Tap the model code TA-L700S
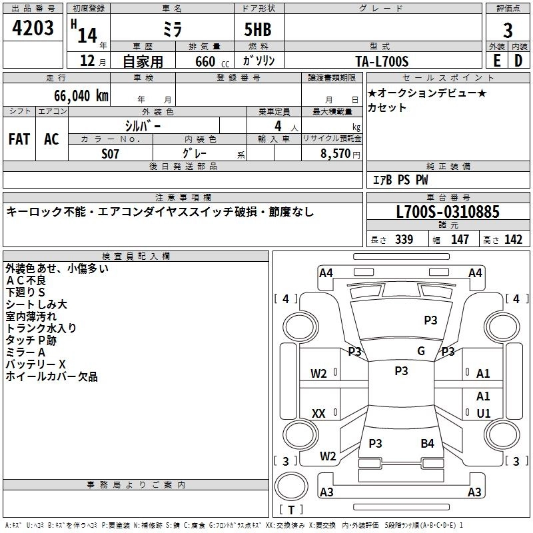[x=382, y=61]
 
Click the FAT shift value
[x=19, y=139]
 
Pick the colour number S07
[x=111, y=153]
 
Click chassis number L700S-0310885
[x=447, y=213]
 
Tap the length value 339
[x=404, y=240]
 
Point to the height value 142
[x=513, y=240]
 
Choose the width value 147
[x=460, y=240]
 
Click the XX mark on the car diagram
[x=318, y=414]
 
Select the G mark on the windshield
[x=421, y=351]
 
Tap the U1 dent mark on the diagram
[x=484, y=413]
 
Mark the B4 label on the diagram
[x=427, y=443]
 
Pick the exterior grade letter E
[x=496, y=61]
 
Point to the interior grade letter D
[x=518, y=61]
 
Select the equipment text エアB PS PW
[x=400, y=180]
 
